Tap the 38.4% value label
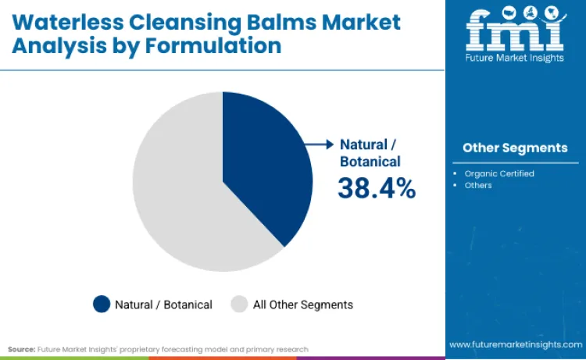pyautogui.click(x=377, y=188)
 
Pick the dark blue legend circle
pyautogui.click(x=102, y=305)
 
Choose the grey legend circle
pyautogui.click(x=239, y=305)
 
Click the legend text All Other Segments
pyautogui.click(x=302, y=305)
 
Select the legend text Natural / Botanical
pyautogui.click(x=163, y=305)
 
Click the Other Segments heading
pyautogui.click(x=515, y=148)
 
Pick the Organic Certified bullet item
pyautogui.click(x=499, y=173)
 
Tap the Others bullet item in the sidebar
pyautogui.click(x=478, y=185)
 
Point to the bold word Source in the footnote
pyautogui.click(x=23, y=349)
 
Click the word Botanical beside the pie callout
pyautogui.click(x=370, y=162)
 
